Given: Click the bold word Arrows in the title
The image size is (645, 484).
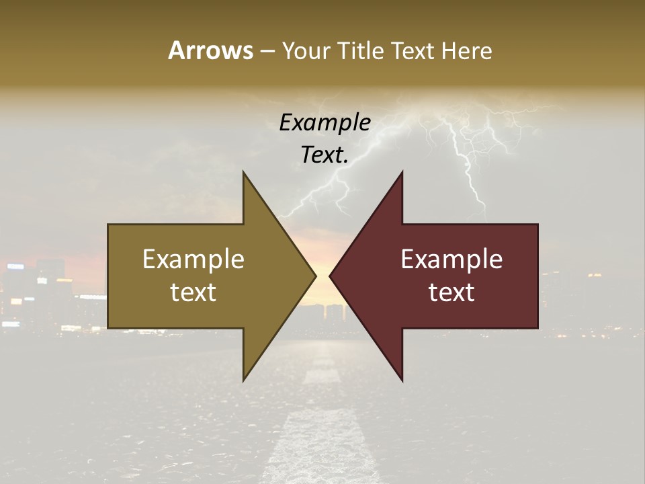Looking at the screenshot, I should tap(210, 50).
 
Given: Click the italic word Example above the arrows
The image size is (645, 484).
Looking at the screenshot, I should tap(325, 122).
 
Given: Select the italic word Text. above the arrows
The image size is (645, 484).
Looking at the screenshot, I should tap(325, 155).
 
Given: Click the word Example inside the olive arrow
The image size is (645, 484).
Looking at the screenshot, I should tap(193, 259).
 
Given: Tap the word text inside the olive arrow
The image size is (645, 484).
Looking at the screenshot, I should tap(193, 292).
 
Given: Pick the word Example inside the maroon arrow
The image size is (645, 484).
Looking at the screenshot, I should tap(451, 259).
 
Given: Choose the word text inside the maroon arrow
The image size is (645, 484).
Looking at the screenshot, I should tap(451, 292).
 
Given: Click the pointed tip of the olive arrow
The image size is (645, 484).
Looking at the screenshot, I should tap(315, 276).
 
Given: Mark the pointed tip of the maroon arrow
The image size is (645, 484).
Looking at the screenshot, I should tap(330, 276).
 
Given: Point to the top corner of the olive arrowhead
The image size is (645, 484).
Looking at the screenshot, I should tap(244, 173).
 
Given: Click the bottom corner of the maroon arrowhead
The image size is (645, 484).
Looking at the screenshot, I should tap(402, 380).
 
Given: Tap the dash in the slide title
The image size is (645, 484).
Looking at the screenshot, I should tap(267, 51).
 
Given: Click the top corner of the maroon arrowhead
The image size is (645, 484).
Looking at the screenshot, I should tap(402, 173).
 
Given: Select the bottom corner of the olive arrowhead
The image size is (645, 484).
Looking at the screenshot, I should tap(244, 380).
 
